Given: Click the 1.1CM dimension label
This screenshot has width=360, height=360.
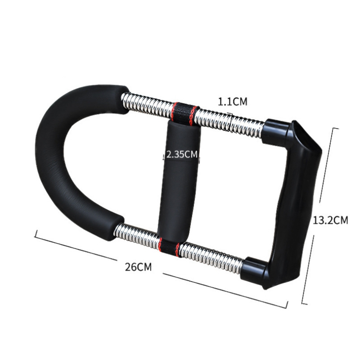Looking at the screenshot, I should (233, 102).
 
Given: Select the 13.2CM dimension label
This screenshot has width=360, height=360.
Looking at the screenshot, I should (330, 220).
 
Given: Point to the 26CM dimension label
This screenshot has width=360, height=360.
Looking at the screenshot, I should (138, 266).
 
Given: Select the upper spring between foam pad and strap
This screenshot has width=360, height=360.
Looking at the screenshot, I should (148, 103).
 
